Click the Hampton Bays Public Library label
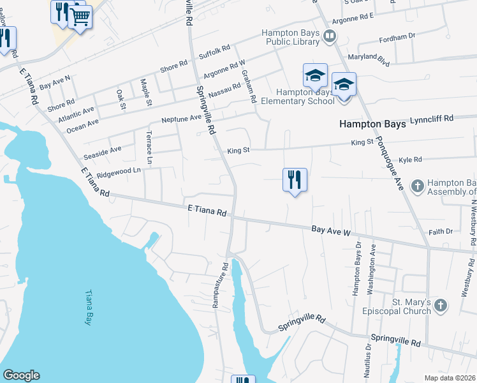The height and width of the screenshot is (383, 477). [x=290, y=37]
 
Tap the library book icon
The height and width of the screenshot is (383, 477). [x=330, y=36]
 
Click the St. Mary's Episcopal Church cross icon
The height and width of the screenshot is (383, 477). [x=441, y=306]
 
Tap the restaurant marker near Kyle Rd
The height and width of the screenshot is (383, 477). [x=295, y=180]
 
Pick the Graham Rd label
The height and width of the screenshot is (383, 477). [x=248, y=87]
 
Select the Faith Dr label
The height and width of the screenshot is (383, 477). [x=440, y=232]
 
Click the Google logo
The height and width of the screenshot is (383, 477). [x=21, y=375]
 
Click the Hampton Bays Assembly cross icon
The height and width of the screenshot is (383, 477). [x=416, y=186]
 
